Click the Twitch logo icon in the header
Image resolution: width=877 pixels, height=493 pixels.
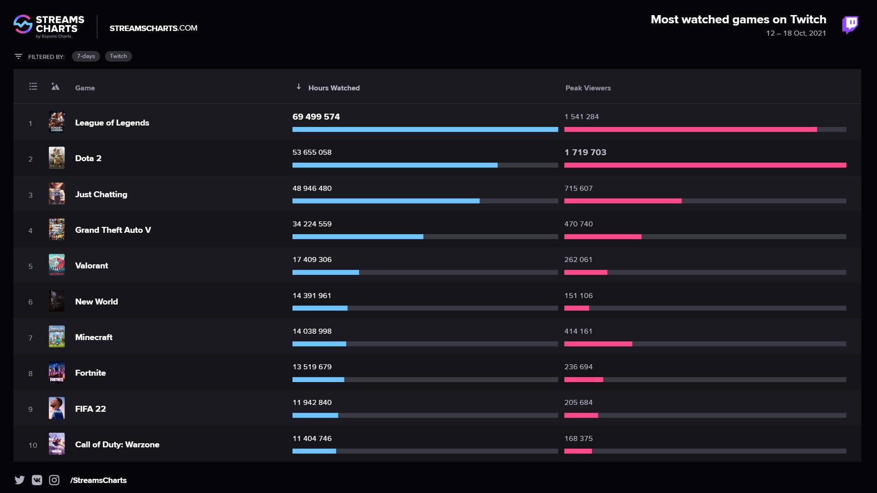[850, 25]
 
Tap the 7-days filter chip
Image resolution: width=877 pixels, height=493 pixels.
[86, 56]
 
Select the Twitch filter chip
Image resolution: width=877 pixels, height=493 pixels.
[118, 56]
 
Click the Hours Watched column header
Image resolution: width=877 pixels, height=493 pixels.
[333, 88]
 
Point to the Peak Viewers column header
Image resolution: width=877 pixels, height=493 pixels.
[588, 88]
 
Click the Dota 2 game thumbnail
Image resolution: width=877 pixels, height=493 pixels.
[57, 158]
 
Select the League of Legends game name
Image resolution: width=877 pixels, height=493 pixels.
[112, 123]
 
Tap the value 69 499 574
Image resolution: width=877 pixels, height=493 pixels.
[316, 117]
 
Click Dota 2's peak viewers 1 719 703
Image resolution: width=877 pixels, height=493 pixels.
[585, 152]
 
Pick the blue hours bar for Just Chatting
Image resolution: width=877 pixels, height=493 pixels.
[386, 201]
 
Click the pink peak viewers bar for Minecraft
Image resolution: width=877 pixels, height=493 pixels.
[598, 344]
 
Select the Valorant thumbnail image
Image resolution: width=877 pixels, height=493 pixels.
[57, 265]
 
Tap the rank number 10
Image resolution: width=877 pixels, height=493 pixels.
[33, 445]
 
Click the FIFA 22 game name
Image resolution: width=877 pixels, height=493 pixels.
[90, 409]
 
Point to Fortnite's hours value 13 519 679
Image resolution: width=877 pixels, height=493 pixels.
[312, 367]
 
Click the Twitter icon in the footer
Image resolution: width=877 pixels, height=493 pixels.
[20, 480]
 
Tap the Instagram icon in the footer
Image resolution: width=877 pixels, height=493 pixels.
[54, 480]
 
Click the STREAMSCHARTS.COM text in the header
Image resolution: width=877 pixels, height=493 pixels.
[153, 28]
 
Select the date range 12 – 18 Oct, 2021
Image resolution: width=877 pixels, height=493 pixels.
[796, 33]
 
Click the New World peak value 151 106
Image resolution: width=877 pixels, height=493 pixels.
[578, 296]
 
